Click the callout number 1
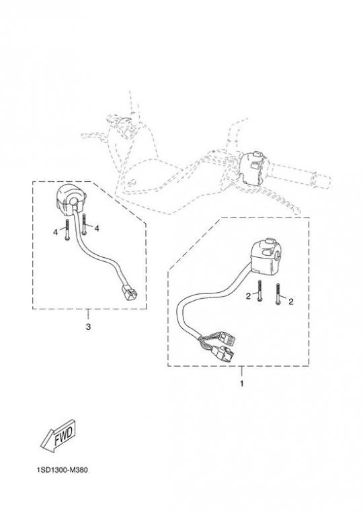242,383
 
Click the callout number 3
88,326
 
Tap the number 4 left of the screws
55,232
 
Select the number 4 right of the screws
96,228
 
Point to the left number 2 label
248,296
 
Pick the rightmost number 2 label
290,301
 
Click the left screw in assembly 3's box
67,230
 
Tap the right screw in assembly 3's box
84,224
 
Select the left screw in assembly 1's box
259,291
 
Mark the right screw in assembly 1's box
278,294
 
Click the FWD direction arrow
58,434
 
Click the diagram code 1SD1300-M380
63,470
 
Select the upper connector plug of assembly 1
227,338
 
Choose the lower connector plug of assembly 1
224,354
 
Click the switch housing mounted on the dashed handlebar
255,167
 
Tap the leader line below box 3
88,314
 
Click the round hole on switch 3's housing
75,201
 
